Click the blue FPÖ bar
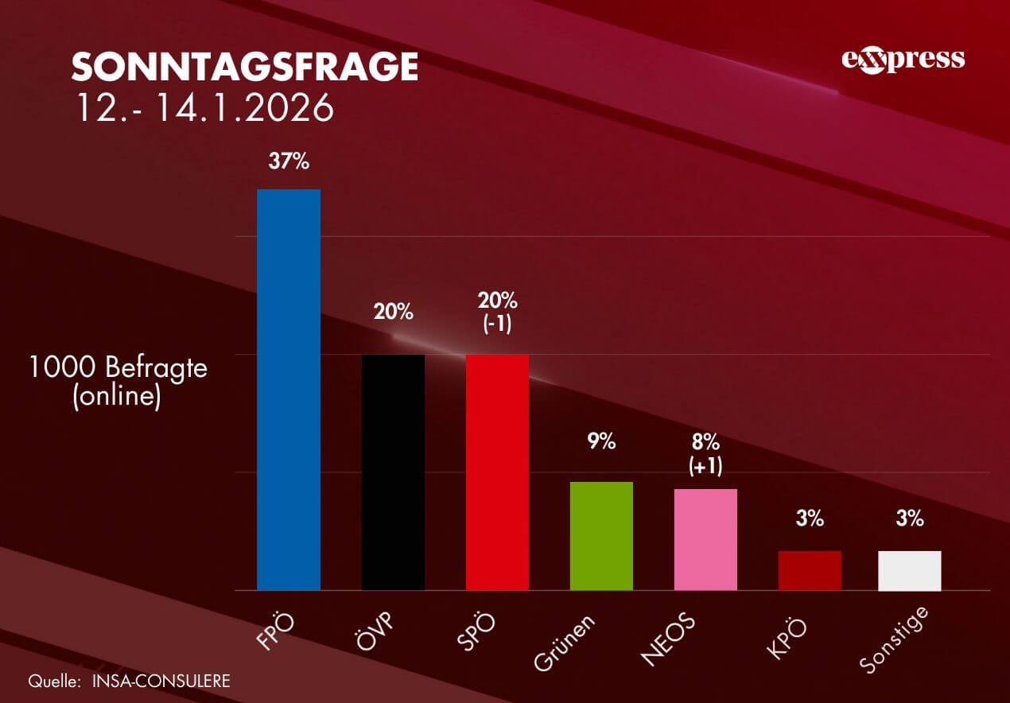[288, 390]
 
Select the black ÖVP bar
[393, 472]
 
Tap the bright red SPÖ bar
[497, 472]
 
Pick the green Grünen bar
[601, 536]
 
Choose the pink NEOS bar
[705, 539]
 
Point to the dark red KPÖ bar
[810, 570]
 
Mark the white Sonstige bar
[910, 570]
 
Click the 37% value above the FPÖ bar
[288, 161]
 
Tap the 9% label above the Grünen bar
[601, 441]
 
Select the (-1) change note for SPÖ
[497, 326]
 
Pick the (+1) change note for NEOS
[705, 466]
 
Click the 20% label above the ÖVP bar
[394, 312]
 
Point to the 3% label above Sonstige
[910, 519]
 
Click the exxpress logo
[903, 60]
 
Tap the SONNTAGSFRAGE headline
[245, 68]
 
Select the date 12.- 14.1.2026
[204, 108]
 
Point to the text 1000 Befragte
[118, 367]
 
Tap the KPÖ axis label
[787, 636]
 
